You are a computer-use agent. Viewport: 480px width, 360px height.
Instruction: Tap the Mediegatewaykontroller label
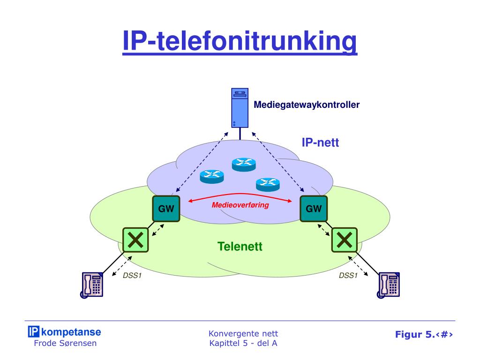[307, 105]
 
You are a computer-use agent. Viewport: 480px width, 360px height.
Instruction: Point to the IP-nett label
[320, 142]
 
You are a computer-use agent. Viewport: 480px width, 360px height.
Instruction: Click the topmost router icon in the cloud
[244, 164]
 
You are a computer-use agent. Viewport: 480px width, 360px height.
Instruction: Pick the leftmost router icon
[212, 176]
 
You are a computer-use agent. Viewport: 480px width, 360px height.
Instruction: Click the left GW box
[166, 209]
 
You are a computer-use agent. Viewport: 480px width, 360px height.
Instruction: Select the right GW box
[314, 209]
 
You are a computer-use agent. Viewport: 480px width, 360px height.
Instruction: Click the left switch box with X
[135, 240]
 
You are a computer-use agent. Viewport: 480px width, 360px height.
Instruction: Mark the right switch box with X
[345, 240]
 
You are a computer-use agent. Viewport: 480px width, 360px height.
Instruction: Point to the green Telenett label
[240, 246]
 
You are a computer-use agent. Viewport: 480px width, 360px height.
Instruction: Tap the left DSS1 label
[132, 276]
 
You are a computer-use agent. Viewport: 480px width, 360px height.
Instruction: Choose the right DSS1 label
[348, 276]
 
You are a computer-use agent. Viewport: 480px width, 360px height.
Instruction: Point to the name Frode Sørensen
[66, 343]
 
